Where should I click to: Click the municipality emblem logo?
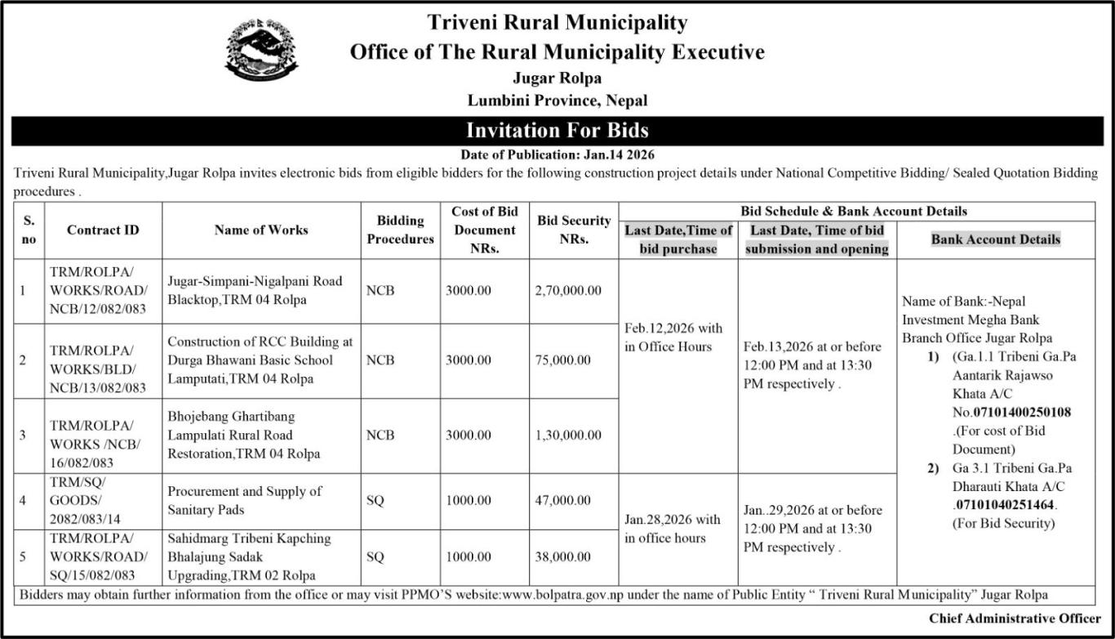point(261,48)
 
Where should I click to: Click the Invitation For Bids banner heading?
point(557,131)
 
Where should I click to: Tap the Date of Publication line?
point(557,154)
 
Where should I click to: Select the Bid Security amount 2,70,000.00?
point(568,291)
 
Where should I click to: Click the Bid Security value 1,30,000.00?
point(568,436)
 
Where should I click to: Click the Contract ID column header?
point(103,230)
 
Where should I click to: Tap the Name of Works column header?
point(261,230)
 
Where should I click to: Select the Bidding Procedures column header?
point(400,230)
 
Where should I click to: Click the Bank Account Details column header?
point(996,239)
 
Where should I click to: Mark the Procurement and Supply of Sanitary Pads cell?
point(245,501)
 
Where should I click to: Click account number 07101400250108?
point(1024,412)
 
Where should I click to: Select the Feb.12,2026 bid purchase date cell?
point(674,337)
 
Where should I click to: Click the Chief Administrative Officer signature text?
point(1015,618)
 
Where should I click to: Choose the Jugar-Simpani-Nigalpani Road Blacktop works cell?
point(255,290)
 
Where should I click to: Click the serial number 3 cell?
point(23,436)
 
